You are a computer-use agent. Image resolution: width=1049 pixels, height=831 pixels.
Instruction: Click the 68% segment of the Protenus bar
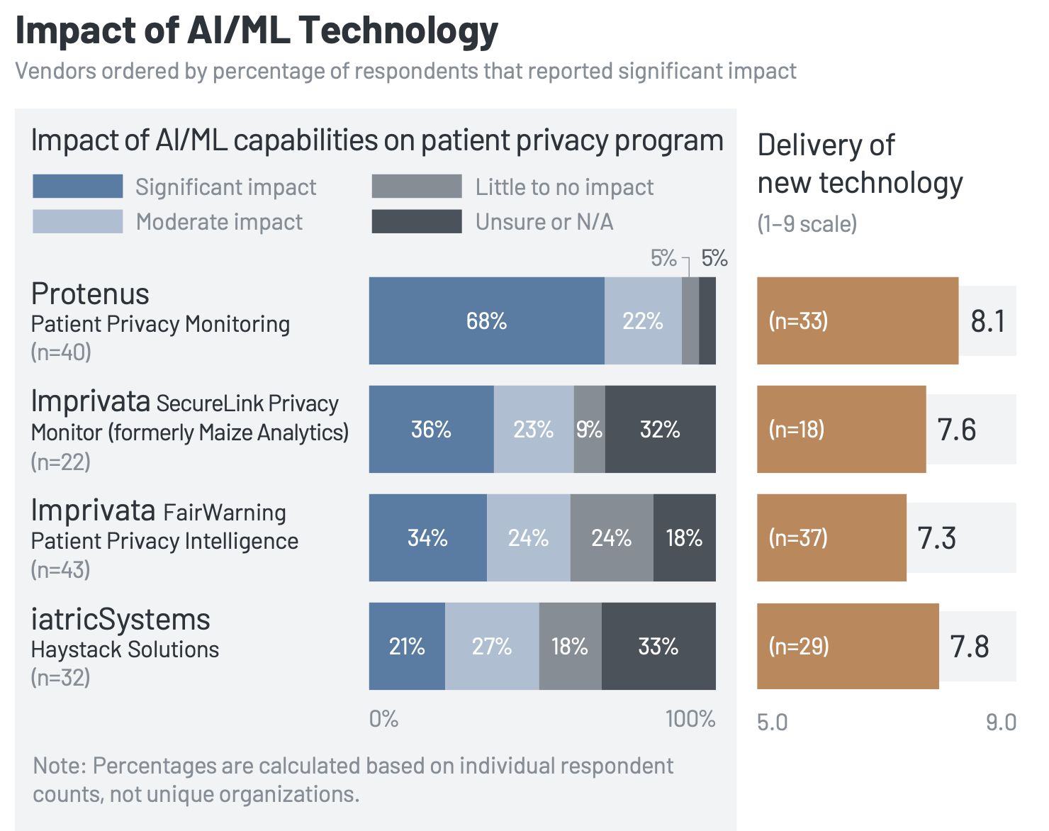[x=486, y=321]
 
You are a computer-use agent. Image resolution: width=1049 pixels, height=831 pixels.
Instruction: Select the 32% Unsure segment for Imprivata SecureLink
[x=660, y=430]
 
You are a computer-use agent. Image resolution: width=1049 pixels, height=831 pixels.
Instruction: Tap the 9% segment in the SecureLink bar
[x=589, y=430]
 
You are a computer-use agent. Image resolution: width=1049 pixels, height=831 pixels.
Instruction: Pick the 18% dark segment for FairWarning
[x=684, y=538]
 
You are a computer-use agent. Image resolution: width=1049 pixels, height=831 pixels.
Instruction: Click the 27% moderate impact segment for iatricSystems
[x=492, y=647]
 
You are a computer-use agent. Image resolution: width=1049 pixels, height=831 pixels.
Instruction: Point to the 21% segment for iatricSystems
[x=407, y=647]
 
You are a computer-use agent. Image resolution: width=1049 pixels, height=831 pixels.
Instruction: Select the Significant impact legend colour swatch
[x=78, y=186]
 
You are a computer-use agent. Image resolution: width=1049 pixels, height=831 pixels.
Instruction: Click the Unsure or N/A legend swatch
[x=417, y=221]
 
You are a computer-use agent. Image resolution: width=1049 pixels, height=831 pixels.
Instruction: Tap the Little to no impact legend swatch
[x=417, y=186]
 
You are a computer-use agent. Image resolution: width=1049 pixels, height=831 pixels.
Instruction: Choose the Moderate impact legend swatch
[x=78, y=221]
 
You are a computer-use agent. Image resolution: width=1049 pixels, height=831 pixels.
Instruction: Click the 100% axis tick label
[x=690, y=719]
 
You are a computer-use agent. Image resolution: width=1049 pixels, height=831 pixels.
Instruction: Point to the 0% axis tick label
[x=383, y=719]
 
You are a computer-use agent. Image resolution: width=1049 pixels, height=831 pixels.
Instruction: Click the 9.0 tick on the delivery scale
[x=1001, y=723]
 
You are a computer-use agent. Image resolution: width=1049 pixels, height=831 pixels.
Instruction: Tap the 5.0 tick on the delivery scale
[x=772, y=723]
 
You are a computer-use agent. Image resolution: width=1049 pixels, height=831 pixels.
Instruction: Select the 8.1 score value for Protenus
[x=987, y=321]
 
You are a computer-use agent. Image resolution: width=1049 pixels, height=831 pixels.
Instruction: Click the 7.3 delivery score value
[x=936, y=538]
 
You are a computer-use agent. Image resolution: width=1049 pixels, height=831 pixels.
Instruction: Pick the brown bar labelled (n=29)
[x=848, y=647]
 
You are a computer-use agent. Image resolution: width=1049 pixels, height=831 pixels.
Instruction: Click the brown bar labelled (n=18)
[x=841, y=430]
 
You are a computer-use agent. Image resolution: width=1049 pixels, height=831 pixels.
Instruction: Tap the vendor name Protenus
[x=90, y=294]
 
